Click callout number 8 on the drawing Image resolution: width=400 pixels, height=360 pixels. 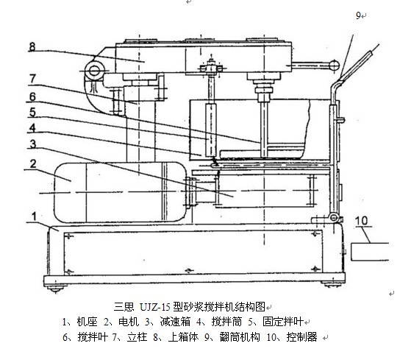point(32,47)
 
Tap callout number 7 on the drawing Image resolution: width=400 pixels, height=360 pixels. point(32,79)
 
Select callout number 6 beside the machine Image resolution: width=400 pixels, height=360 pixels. point(32,96)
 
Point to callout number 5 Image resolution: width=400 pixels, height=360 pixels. point(32,112)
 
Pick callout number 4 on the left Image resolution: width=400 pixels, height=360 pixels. point(32,128)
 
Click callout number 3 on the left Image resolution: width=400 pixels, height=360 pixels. point(32,144)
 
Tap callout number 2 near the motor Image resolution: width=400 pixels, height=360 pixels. point(33,163)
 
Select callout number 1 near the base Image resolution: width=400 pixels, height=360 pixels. point(34,216)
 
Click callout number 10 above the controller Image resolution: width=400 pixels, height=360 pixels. point(361,221)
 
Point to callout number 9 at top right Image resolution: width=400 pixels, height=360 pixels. point(358,15)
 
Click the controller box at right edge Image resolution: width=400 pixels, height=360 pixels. point(370,252)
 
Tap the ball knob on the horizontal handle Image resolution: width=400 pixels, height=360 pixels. point(334,65)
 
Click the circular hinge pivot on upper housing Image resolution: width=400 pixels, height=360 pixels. point(94,71)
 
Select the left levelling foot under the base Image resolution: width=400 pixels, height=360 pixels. point(56,289)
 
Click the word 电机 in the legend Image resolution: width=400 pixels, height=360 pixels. point(129,322)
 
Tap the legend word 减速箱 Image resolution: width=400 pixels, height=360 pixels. point(175,322)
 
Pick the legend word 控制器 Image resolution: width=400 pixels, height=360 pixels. point(301,337)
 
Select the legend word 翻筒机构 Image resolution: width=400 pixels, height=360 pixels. point(240,337)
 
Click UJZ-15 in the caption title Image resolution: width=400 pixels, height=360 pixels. point(154,306)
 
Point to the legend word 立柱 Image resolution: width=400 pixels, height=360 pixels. point(137,337)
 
